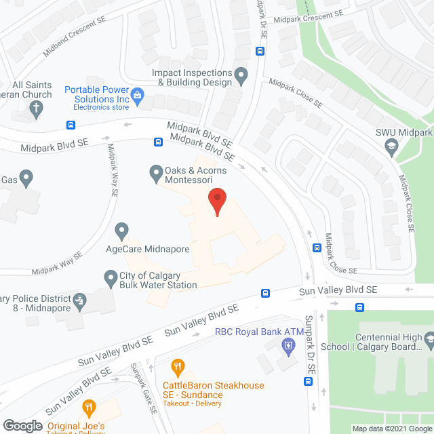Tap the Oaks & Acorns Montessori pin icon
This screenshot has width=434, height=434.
click(x=155, y=174)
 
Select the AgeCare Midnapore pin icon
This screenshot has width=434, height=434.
click(x=122, y=231)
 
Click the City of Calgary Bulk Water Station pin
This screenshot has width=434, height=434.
click(x=110, y=277)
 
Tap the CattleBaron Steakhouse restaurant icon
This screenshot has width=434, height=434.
click(x=178, y=368)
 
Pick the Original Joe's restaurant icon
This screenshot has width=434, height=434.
click(x=88, y=408)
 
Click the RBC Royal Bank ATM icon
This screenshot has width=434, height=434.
click(x=288, y=347)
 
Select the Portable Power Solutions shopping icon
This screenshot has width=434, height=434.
click(x=138, y=95)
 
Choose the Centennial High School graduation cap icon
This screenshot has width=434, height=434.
click(x=429, y=338)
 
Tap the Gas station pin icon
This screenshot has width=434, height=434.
click(x=26, y=180)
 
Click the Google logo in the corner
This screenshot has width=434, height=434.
click(x=22, y=425)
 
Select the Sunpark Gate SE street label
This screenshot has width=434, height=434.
click(x=144, y=400)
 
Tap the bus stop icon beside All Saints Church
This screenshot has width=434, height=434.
click(x=71, y=125)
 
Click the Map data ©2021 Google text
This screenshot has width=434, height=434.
click(x=391, y=429)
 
